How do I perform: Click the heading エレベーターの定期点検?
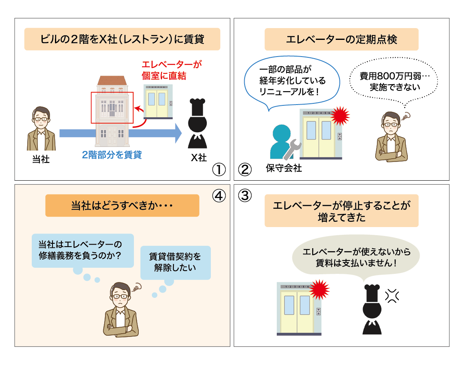(x=341, y=39)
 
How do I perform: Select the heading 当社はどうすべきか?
(x=122, y=205)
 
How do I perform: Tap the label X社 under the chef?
(x=199, y=158)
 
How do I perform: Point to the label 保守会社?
(x=284, y=168)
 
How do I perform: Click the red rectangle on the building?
(x=111, y=107)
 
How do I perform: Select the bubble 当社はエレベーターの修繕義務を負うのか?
(x=83, y=250)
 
